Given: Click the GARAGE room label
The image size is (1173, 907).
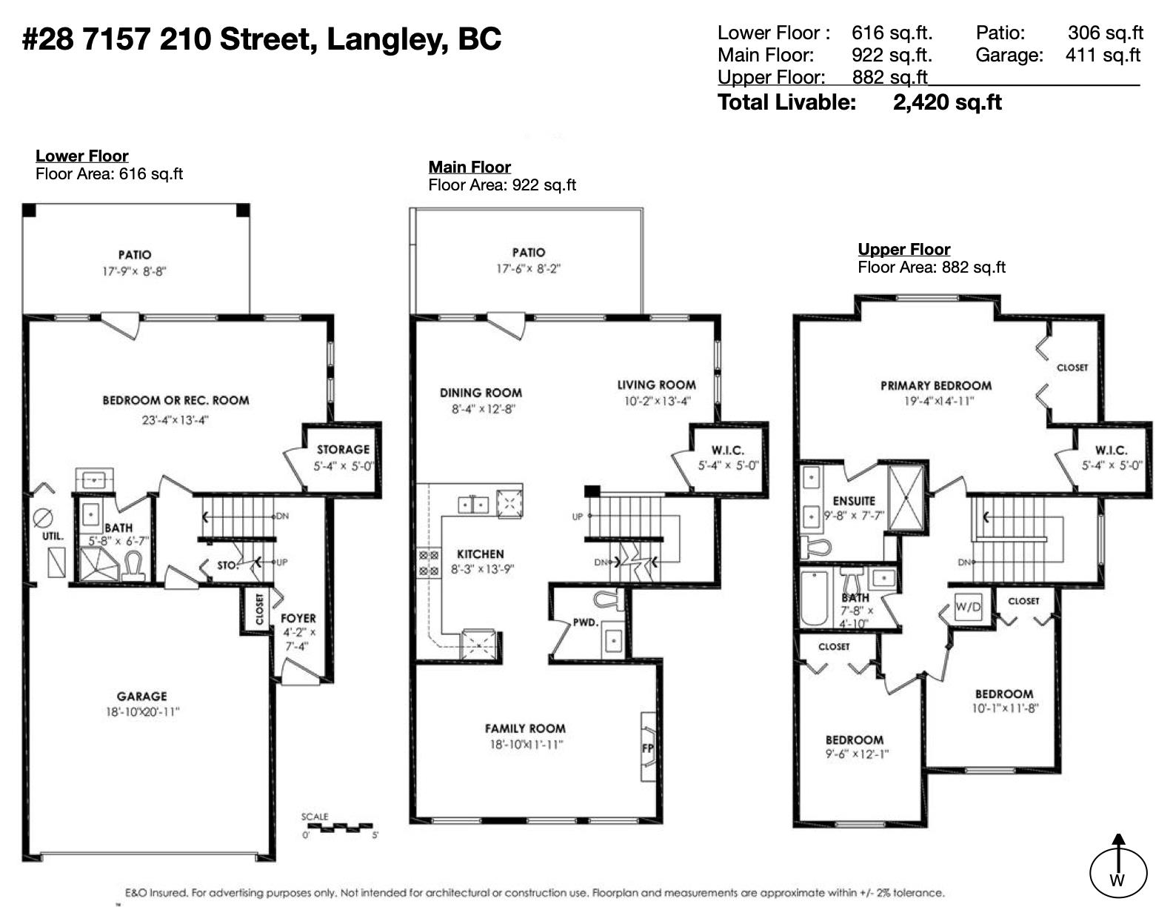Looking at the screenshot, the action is pos(141,697).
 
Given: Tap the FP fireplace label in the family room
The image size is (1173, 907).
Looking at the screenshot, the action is pos(648,748).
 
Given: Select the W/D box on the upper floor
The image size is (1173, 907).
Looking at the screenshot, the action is pos(968,607).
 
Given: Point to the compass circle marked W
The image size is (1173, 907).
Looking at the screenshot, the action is pos(1118,874).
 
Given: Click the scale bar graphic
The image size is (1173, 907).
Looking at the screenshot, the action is pos(337,827).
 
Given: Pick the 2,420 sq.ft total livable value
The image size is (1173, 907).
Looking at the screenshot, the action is pos(947,102).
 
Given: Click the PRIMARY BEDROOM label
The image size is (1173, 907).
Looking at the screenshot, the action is pos(936,386).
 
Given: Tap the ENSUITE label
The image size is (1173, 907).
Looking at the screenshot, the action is pos(853,501).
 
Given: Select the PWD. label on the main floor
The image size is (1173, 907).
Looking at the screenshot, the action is pos(586,622).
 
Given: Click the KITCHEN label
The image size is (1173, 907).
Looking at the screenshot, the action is pos(481,554).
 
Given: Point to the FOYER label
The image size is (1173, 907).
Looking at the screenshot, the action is pos(298,618).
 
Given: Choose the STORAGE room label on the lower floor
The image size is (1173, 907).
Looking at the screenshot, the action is pos(344,450).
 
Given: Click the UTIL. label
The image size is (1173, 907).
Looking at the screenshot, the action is pos(53,536).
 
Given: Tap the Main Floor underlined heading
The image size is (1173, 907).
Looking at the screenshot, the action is pos(469,167).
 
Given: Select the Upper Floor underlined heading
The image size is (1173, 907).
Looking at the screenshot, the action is pos(904,250).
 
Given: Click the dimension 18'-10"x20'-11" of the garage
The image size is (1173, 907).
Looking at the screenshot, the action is pos(142,712).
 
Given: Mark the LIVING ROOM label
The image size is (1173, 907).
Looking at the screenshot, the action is pos(656,385).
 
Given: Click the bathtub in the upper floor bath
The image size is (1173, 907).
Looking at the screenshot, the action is pos(814,597).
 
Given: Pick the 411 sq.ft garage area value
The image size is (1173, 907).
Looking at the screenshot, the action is pos(1103,55).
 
